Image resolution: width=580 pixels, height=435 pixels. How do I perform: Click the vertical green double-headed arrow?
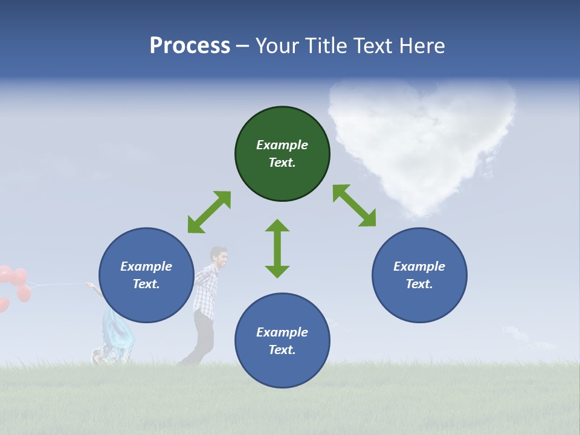[277, 248]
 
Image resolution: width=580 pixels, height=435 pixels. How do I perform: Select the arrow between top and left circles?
[209, 212]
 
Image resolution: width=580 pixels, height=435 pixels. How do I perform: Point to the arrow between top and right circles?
[355, 205]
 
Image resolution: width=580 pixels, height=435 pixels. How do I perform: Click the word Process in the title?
[190, 46]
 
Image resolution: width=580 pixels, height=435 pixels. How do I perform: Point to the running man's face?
[220, 259]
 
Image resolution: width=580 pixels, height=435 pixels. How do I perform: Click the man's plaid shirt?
[205, 294]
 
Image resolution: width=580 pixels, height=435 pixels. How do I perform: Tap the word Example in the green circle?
[282, 145]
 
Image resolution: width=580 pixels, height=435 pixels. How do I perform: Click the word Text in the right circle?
[419, 284]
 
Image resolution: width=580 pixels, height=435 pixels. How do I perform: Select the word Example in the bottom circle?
[282, 332]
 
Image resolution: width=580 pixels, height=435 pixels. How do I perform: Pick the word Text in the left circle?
[146, 284]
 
